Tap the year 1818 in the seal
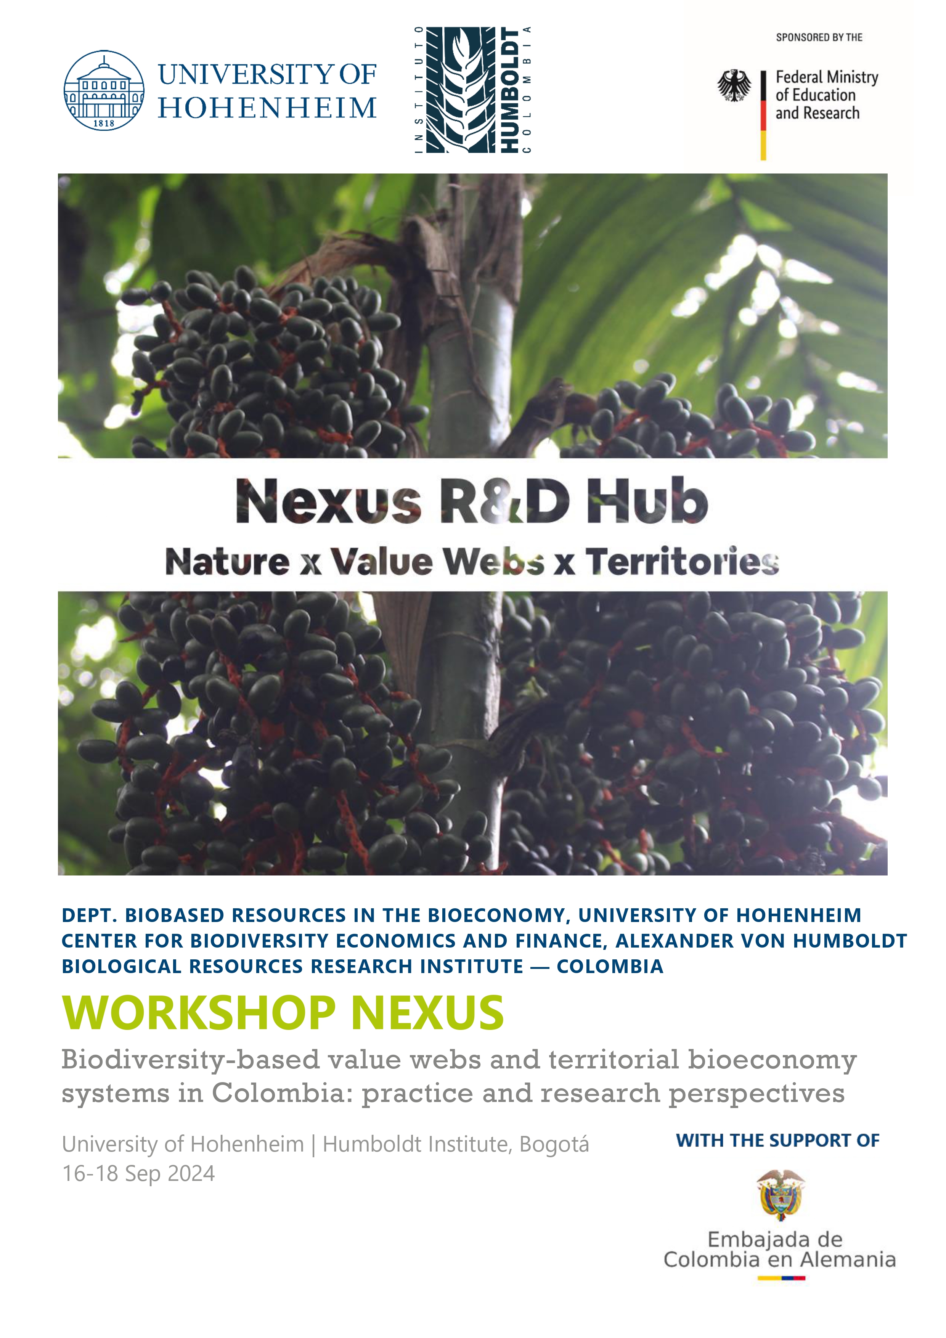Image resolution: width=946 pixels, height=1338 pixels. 104,123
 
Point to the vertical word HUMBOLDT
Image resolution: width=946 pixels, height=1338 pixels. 510,90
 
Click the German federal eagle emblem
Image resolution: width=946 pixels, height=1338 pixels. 734,86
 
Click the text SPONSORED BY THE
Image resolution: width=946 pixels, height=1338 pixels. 819,37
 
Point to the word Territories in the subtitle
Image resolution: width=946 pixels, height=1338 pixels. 682,561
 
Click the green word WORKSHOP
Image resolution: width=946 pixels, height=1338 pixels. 199,1014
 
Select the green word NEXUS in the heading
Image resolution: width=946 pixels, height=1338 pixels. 427,1014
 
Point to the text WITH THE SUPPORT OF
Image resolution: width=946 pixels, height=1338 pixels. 777,1140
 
